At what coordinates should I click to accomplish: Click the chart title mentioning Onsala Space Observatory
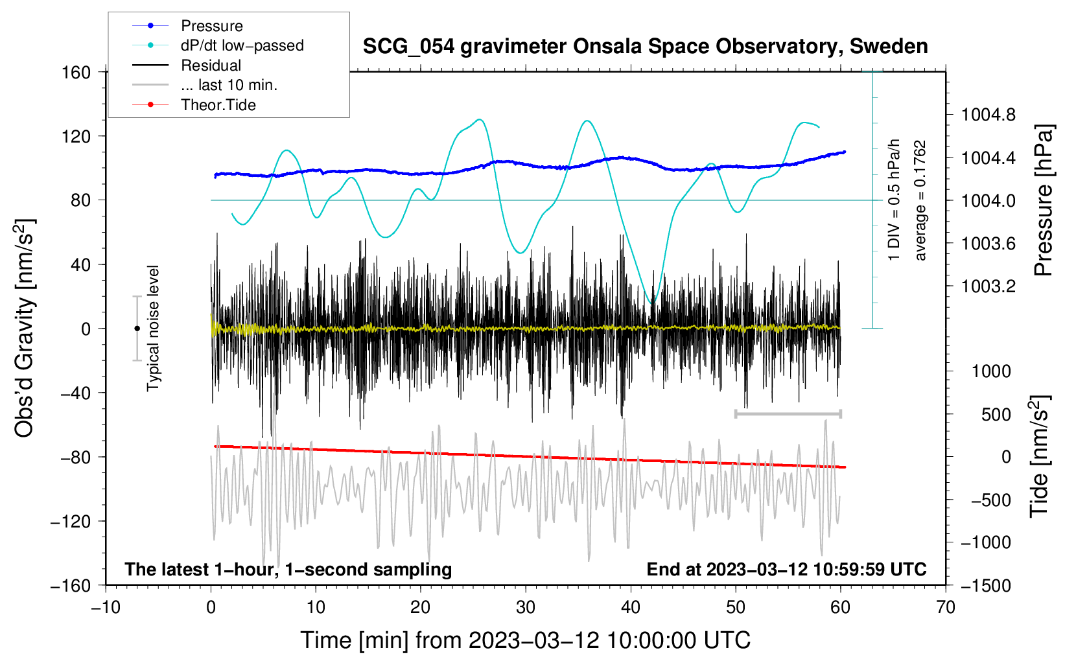click(645, 47)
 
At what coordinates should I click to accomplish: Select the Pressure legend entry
click(211, 26)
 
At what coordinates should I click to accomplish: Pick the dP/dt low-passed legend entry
click(242, 45)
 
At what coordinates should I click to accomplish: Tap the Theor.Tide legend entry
click(218, 105)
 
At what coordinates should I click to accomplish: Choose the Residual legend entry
click(211, 65)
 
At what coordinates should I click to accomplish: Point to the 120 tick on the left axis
click(76, 136)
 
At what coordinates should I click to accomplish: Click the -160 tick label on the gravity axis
click(71, 585)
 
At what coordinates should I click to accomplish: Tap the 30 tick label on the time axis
click(526, 607)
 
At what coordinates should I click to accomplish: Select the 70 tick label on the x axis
click(946, 607)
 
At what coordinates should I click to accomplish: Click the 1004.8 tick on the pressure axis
click(988, 115)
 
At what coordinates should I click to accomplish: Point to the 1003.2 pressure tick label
click(988, 286)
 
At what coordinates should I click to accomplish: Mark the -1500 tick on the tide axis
click(986, 585)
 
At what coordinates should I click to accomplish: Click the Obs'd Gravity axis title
click(24, 328)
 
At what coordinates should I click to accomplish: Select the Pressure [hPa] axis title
click(1043, 200)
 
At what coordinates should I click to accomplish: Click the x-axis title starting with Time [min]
click(526, 640)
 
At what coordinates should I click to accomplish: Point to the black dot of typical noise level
click(137, 329)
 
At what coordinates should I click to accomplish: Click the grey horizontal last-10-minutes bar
click(788, 413)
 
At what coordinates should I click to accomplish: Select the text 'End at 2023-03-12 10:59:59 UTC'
click(786, 569)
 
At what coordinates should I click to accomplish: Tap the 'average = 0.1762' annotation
click(920, 201)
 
